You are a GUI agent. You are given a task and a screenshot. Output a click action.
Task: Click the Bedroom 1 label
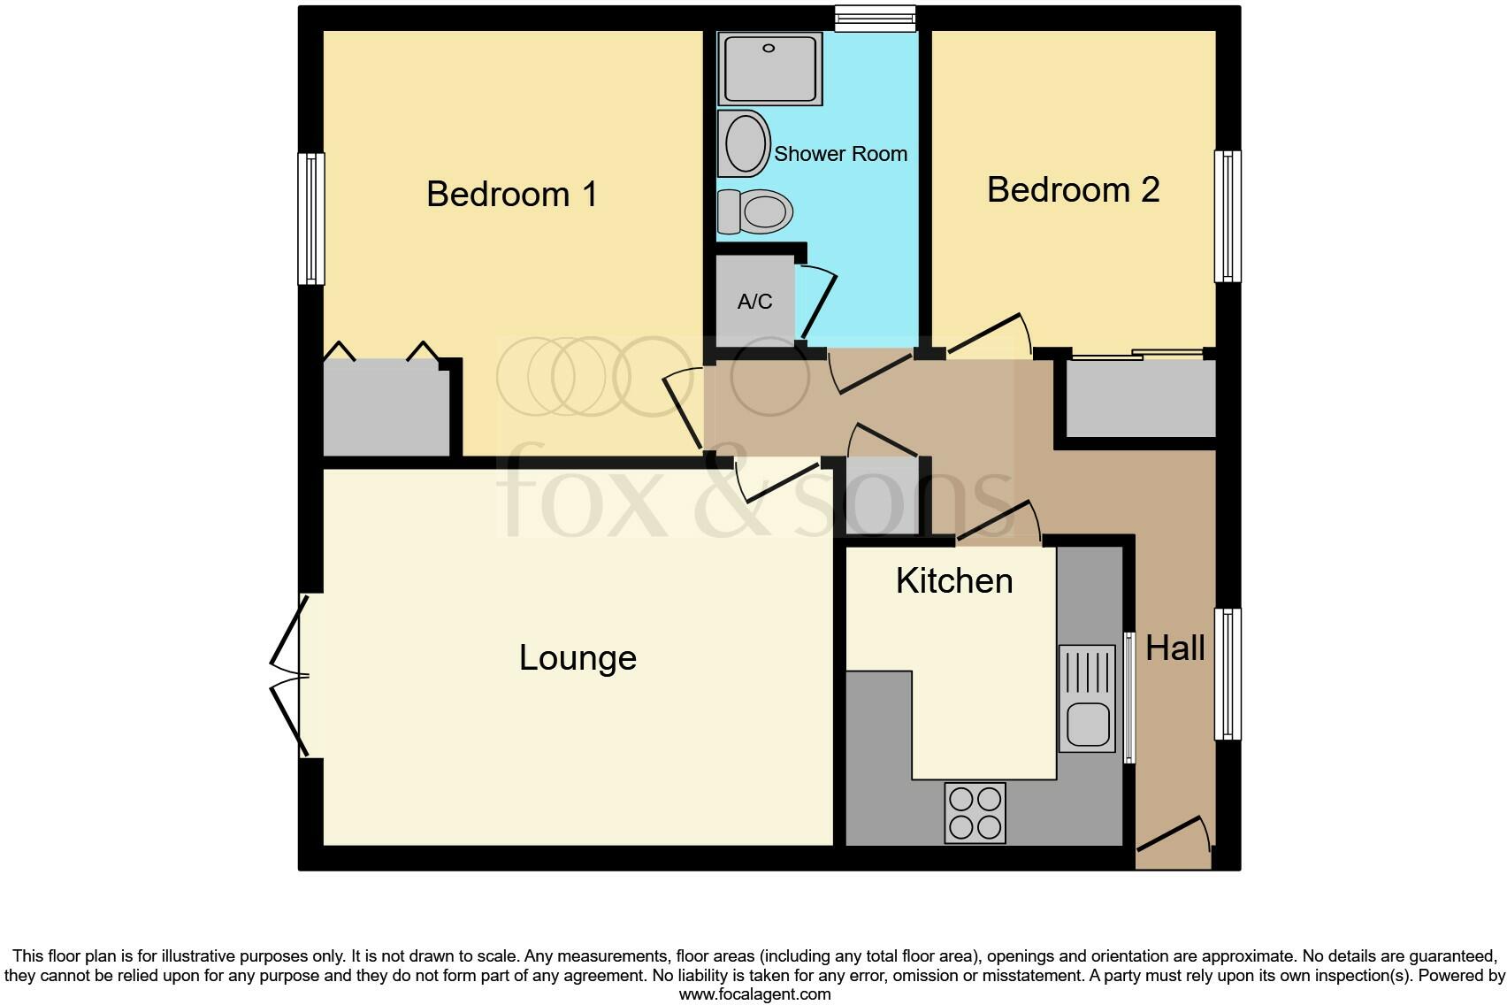coord(511,194)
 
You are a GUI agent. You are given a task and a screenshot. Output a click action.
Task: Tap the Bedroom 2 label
coord(1073,190)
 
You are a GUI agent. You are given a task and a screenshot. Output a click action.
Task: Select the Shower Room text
coord(840,154)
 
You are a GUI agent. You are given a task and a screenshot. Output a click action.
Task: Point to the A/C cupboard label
coord(754,302)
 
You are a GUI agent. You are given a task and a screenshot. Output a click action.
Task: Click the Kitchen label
coord(953,581)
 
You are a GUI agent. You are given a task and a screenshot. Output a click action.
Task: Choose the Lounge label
coord(578,658)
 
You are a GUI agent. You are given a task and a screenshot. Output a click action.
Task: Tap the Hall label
coord(1174,648)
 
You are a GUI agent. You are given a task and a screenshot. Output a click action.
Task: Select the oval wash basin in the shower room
coord(743,143)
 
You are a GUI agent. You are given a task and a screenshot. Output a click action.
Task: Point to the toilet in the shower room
coord(756,211)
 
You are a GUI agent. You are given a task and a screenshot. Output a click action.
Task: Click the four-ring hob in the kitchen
coord(975,813)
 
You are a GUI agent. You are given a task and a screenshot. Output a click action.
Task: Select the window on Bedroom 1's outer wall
coord(310,219)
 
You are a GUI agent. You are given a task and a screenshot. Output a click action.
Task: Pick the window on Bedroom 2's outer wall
coord(1228,216)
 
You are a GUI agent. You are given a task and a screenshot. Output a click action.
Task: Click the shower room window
coord(875,19)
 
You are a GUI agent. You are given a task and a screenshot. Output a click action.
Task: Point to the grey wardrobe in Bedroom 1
coord(386,408)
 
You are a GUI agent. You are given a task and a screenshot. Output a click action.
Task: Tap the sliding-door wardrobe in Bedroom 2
coord(1140,398)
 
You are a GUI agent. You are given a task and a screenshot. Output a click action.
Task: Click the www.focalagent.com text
coord(754,994)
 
